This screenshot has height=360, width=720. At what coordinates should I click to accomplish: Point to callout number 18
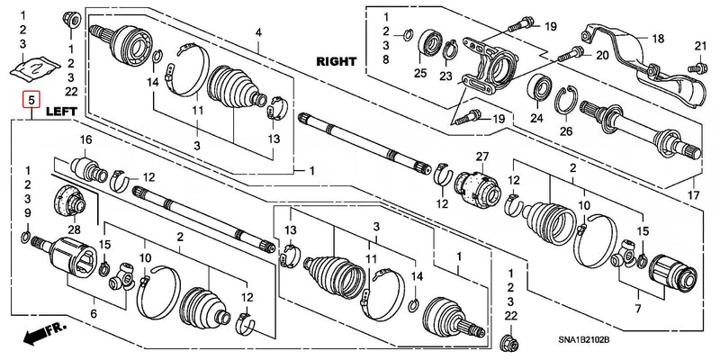click(658, 38)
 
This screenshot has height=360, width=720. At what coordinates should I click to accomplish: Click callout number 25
click(419, 72)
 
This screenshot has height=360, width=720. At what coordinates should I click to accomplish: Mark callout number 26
click(565, 131)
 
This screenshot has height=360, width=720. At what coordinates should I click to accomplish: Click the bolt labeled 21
click(695, 67)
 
